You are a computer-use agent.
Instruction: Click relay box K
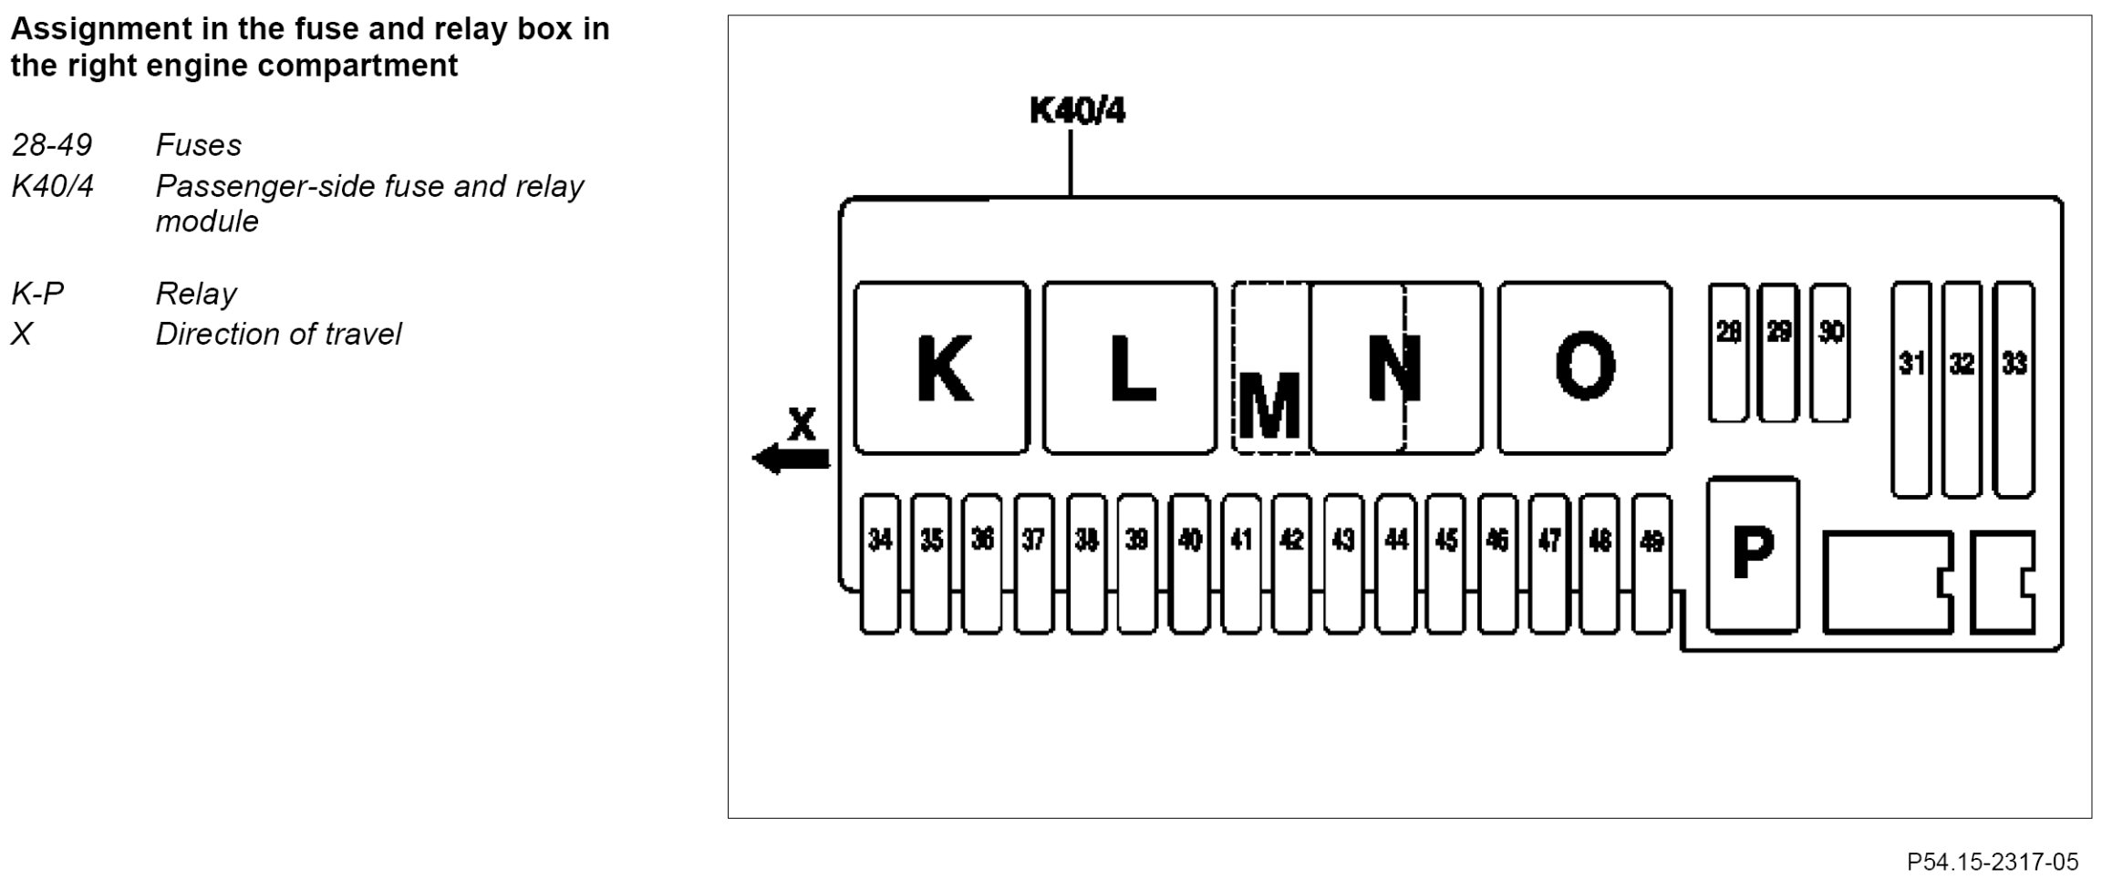point(941,367)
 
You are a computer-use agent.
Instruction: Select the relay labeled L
point(1130,367)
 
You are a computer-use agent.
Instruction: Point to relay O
point(1585,367)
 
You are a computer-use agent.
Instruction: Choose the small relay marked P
point(1753,553)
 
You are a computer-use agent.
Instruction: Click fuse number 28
point(1728,352)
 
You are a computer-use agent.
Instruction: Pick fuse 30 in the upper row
point(1830,352)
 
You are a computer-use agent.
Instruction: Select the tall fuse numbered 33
point(2014,389)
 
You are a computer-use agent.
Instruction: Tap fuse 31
point(1911,389)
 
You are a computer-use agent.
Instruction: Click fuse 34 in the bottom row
point(880,563)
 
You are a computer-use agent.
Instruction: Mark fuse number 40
point(1189,563)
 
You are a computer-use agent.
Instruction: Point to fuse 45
point(1445,563)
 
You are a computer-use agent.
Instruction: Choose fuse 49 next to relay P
point(1652,563)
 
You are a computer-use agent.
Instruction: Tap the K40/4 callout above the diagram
point(1077,111)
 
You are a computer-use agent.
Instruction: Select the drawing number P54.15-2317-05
point(1993,862)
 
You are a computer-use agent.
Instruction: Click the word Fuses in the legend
point(198,145)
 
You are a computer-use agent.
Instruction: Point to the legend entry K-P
point(37,294)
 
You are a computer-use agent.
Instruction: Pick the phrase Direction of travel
point(278,334)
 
